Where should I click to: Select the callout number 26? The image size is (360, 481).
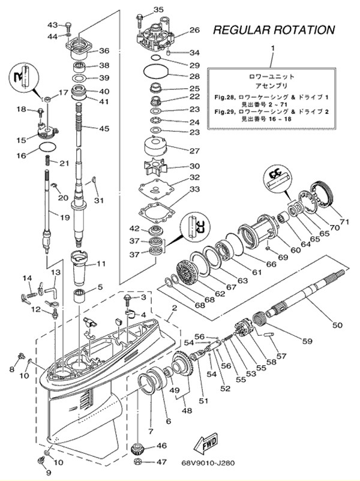click(194, 30)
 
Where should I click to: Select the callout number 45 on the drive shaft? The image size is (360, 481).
click(105, 128)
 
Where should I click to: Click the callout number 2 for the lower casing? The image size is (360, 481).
click(173, 308)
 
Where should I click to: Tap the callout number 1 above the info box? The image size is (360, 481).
click(272, 47)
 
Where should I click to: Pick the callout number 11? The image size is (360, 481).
click(101, 263)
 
